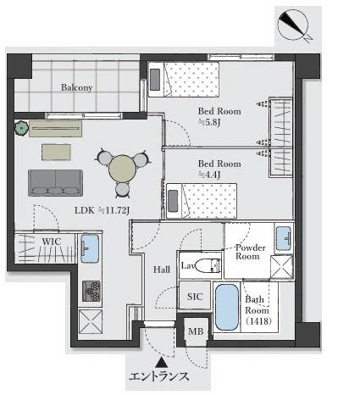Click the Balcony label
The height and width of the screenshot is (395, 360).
[77, 87]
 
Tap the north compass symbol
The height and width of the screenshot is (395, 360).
[294, 25]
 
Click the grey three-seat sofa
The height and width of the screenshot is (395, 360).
[55, 183]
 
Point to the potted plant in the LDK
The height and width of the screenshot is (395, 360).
[21, 129]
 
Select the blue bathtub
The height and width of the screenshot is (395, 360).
[227, 307]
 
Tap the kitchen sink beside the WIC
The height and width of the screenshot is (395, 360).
[90, 248]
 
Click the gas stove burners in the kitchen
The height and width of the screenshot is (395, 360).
[91, 291]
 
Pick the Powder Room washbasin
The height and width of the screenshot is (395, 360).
[283, 238]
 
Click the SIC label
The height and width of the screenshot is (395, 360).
[195, 297]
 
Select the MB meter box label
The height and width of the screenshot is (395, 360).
[196, 331]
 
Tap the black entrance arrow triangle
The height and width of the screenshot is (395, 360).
[161, 362]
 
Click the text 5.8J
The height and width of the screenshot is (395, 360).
[209, 122]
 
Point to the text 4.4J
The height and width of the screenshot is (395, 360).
[209, 175]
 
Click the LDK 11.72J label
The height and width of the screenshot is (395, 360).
[102, 210]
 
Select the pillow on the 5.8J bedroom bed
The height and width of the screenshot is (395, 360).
[155, 80]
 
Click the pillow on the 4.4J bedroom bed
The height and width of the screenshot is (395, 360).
[173, 201]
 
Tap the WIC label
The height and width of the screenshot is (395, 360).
[52, 242]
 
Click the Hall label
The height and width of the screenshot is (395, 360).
[162, 270]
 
